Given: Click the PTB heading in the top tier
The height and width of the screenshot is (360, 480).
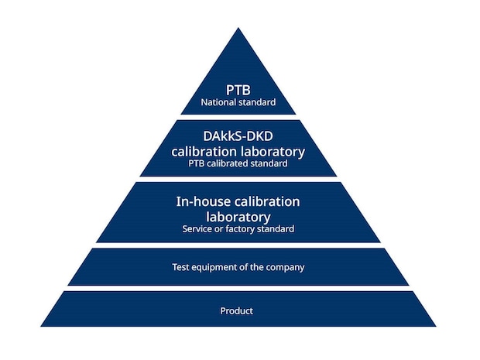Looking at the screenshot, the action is (x=238, y=90).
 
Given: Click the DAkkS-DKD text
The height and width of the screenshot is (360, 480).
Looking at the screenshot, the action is (x=238, y=136).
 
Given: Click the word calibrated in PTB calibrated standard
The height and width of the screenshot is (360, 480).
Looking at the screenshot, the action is (x=228, y=163).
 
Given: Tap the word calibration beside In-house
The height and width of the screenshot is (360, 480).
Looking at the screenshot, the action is (x=267, y=202).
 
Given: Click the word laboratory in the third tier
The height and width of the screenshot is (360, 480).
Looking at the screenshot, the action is (x=238, y=218).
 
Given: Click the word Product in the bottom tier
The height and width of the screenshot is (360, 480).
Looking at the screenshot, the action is (x=237, y=311).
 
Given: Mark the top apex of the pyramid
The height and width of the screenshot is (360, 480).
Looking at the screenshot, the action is (x=238, y=28).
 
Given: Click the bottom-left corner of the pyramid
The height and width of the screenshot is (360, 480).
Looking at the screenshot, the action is (x=41, y=327).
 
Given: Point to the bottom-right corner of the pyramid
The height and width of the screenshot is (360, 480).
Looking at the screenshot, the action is (x=436, y=327).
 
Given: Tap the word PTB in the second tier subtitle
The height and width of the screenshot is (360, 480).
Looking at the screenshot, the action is (x=196, y=163).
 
